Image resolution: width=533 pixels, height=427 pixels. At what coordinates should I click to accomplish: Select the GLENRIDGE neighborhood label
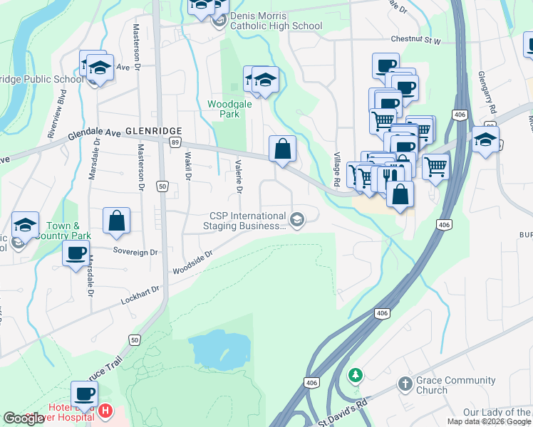click(x=153, y=131)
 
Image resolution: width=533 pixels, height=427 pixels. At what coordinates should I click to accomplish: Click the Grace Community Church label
click(x=442, y=385)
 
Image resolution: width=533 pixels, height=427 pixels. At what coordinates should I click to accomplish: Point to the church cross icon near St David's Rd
click(x=405, y=384)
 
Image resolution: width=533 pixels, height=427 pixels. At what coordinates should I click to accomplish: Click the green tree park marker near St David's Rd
click(x=355, y=374)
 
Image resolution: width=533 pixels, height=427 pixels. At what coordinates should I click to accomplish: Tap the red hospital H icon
click(x=105, y=411)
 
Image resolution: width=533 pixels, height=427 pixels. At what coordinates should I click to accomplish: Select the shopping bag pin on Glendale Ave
click(x=283, y=149)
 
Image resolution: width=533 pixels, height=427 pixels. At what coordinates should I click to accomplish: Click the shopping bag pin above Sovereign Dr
click(x=116, y=221)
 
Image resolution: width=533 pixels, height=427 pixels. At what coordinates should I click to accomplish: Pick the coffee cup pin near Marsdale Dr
click(x=76, y=253)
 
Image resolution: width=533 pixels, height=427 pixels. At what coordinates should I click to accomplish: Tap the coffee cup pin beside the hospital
click(x=84, y=394)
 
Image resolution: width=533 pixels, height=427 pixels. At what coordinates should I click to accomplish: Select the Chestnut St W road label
click(x=415, y=41)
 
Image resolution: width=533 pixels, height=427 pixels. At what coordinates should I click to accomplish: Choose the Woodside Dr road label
click(x=192, y=263)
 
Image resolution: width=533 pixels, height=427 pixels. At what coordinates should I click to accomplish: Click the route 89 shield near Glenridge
click(x=175, y=142)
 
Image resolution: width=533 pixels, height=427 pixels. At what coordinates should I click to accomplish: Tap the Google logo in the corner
click(x=24, y=418)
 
